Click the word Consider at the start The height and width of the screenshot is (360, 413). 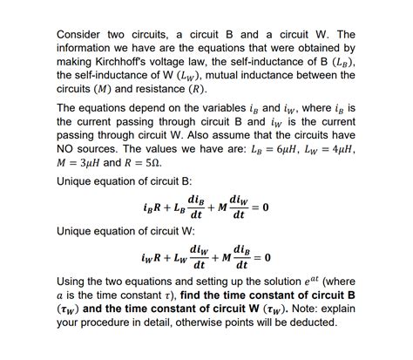[81, 33]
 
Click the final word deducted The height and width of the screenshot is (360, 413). [310, 328]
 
